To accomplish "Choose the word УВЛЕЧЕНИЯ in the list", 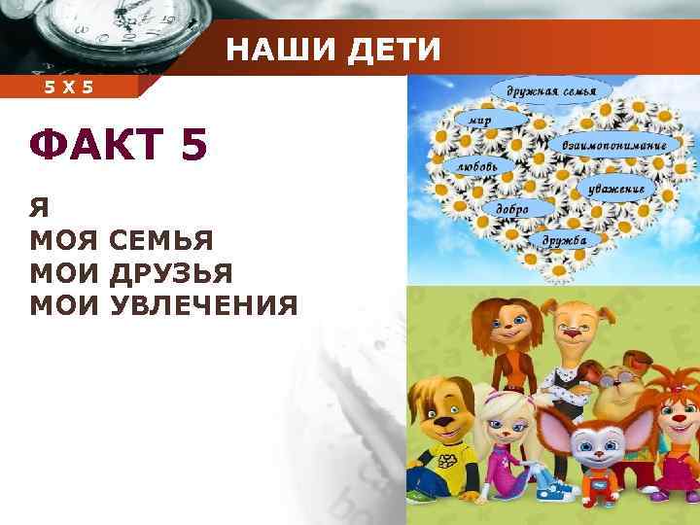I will coord(204,306).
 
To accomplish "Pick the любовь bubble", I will coord(477,166).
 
